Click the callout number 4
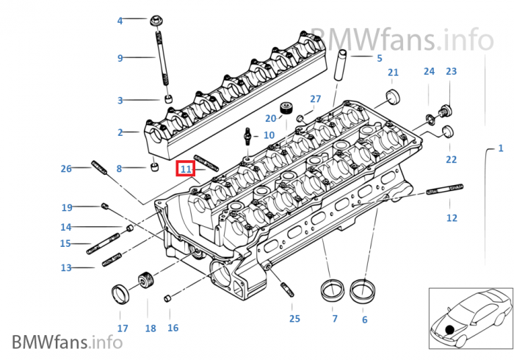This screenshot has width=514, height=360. [120, 21]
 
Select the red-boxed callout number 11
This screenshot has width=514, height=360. [186, 169]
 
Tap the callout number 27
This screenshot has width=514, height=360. [315, 99]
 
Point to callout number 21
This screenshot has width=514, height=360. [393, 72]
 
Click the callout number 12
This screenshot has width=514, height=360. [452, 217]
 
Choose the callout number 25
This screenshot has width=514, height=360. [294, 318]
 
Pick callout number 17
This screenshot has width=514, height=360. [123, 328]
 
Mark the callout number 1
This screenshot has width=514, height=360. [501, 148]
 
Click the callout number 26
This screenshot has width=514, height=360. [66, 169]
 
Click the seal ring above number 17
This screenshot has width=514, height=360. [120, 295]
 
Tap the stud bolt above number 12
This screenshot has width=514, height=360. [443, 190]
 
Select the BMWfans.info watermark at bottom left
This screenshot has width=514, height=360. [67, 342]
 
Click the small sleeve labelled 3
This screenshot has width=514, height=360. [167, 99]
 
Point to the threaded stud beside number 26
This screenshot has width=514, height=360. [100, 168]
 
